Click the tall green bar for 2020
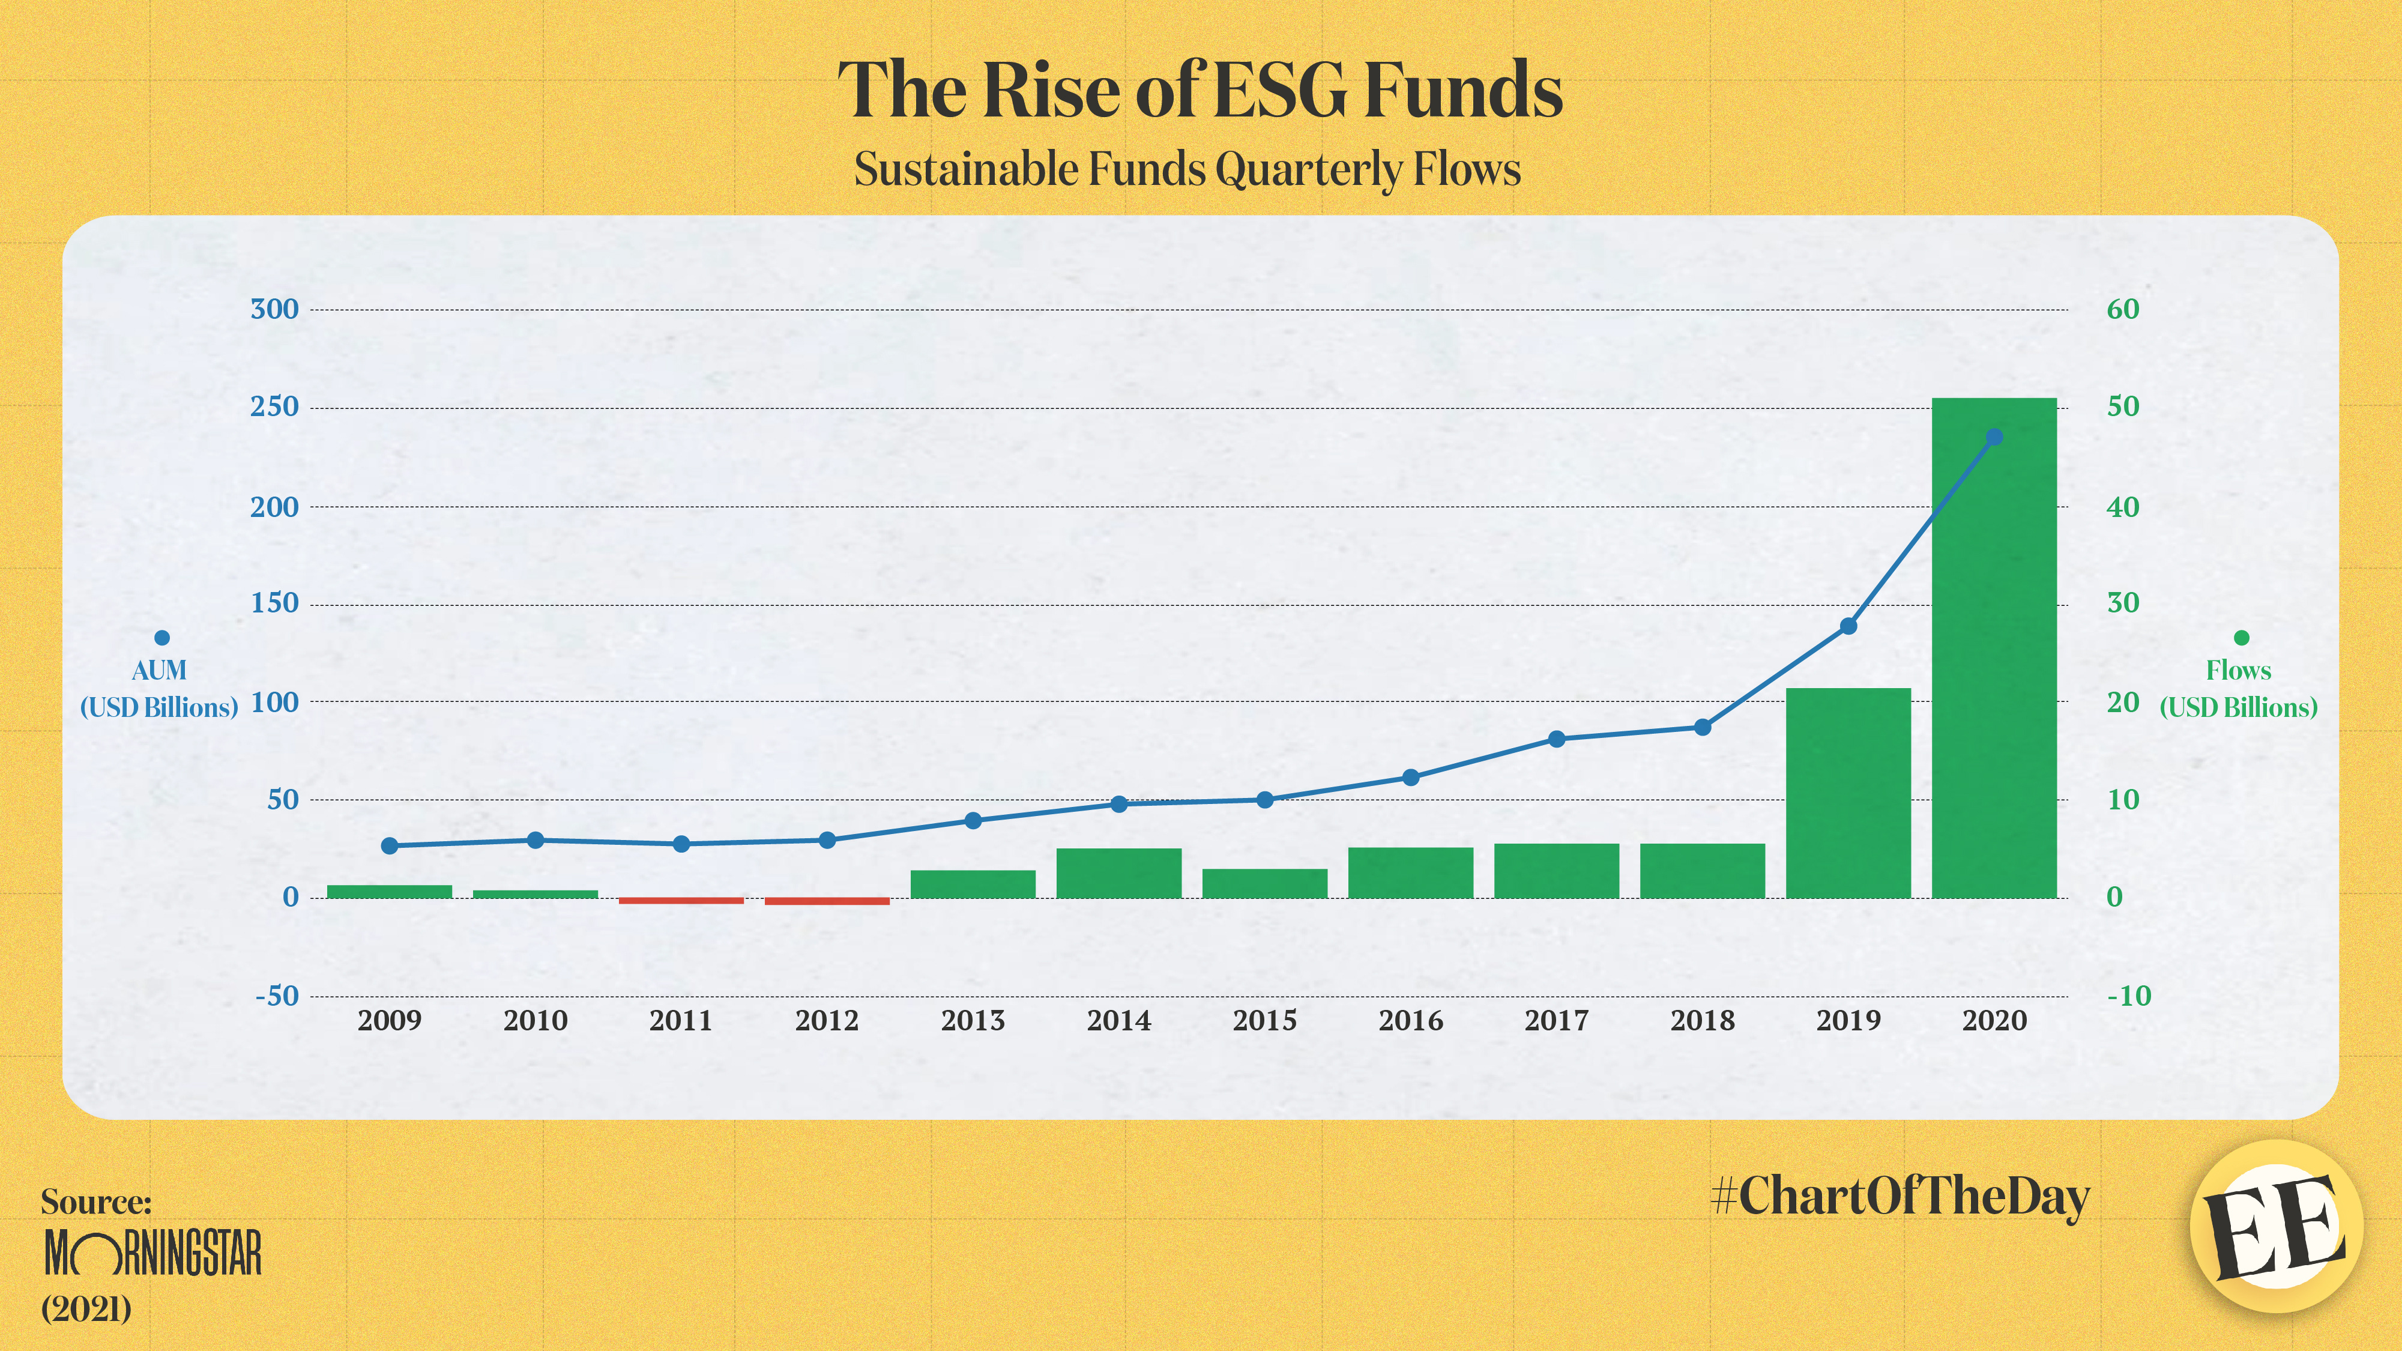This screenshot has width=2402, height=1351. pyautogui.click(x=1994, y=653)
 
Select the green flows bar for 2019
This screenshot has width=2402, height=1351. pyautogui.click(x=1848, y=793)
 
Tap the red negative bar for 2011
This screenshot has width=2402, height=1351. pyautogui.click(x=681, y=901)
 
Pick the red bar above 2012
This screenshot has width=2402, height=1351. pyautogui.click(x=827, y=901)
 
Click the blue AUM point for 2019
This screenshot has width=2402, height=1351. pyautogui.click(x=1848, y=626)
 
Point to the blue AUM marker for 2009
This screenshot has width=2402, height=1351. pyautogui.click(x=390, y=845)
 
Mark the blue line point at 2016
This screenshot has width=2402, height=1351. pyautogui.click(x=1411, y=778)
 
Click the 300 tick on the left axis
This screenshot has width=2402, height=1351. pyautogui.click(x=274, y=310)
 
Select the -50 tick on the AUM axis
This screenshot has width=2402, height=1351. pyautogui.click(x=277, y=996)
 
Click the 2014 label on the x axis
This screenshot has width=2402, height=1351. pyautogui.click(x=1119, y=1020)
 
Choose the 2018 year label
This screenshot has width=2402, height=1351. pyautogui.click(x=1702, y=1020)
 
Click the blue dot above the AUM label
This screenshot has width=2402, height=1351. pyautogui.click(x=161, y=638)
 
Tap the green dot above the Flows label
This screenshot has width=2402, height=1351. pyautogui.click(x=2242, y=638)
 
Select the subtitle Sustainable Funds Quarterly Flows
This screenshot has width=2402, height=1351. pyautogui.click(x=1187, y=170)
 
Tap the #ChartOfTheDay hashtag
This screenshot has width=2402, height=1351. pyautogui.click(x=1900, y=1196)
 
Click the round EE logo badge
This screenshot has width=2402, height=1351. pyautogui.click(x=2275, y=1227)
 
